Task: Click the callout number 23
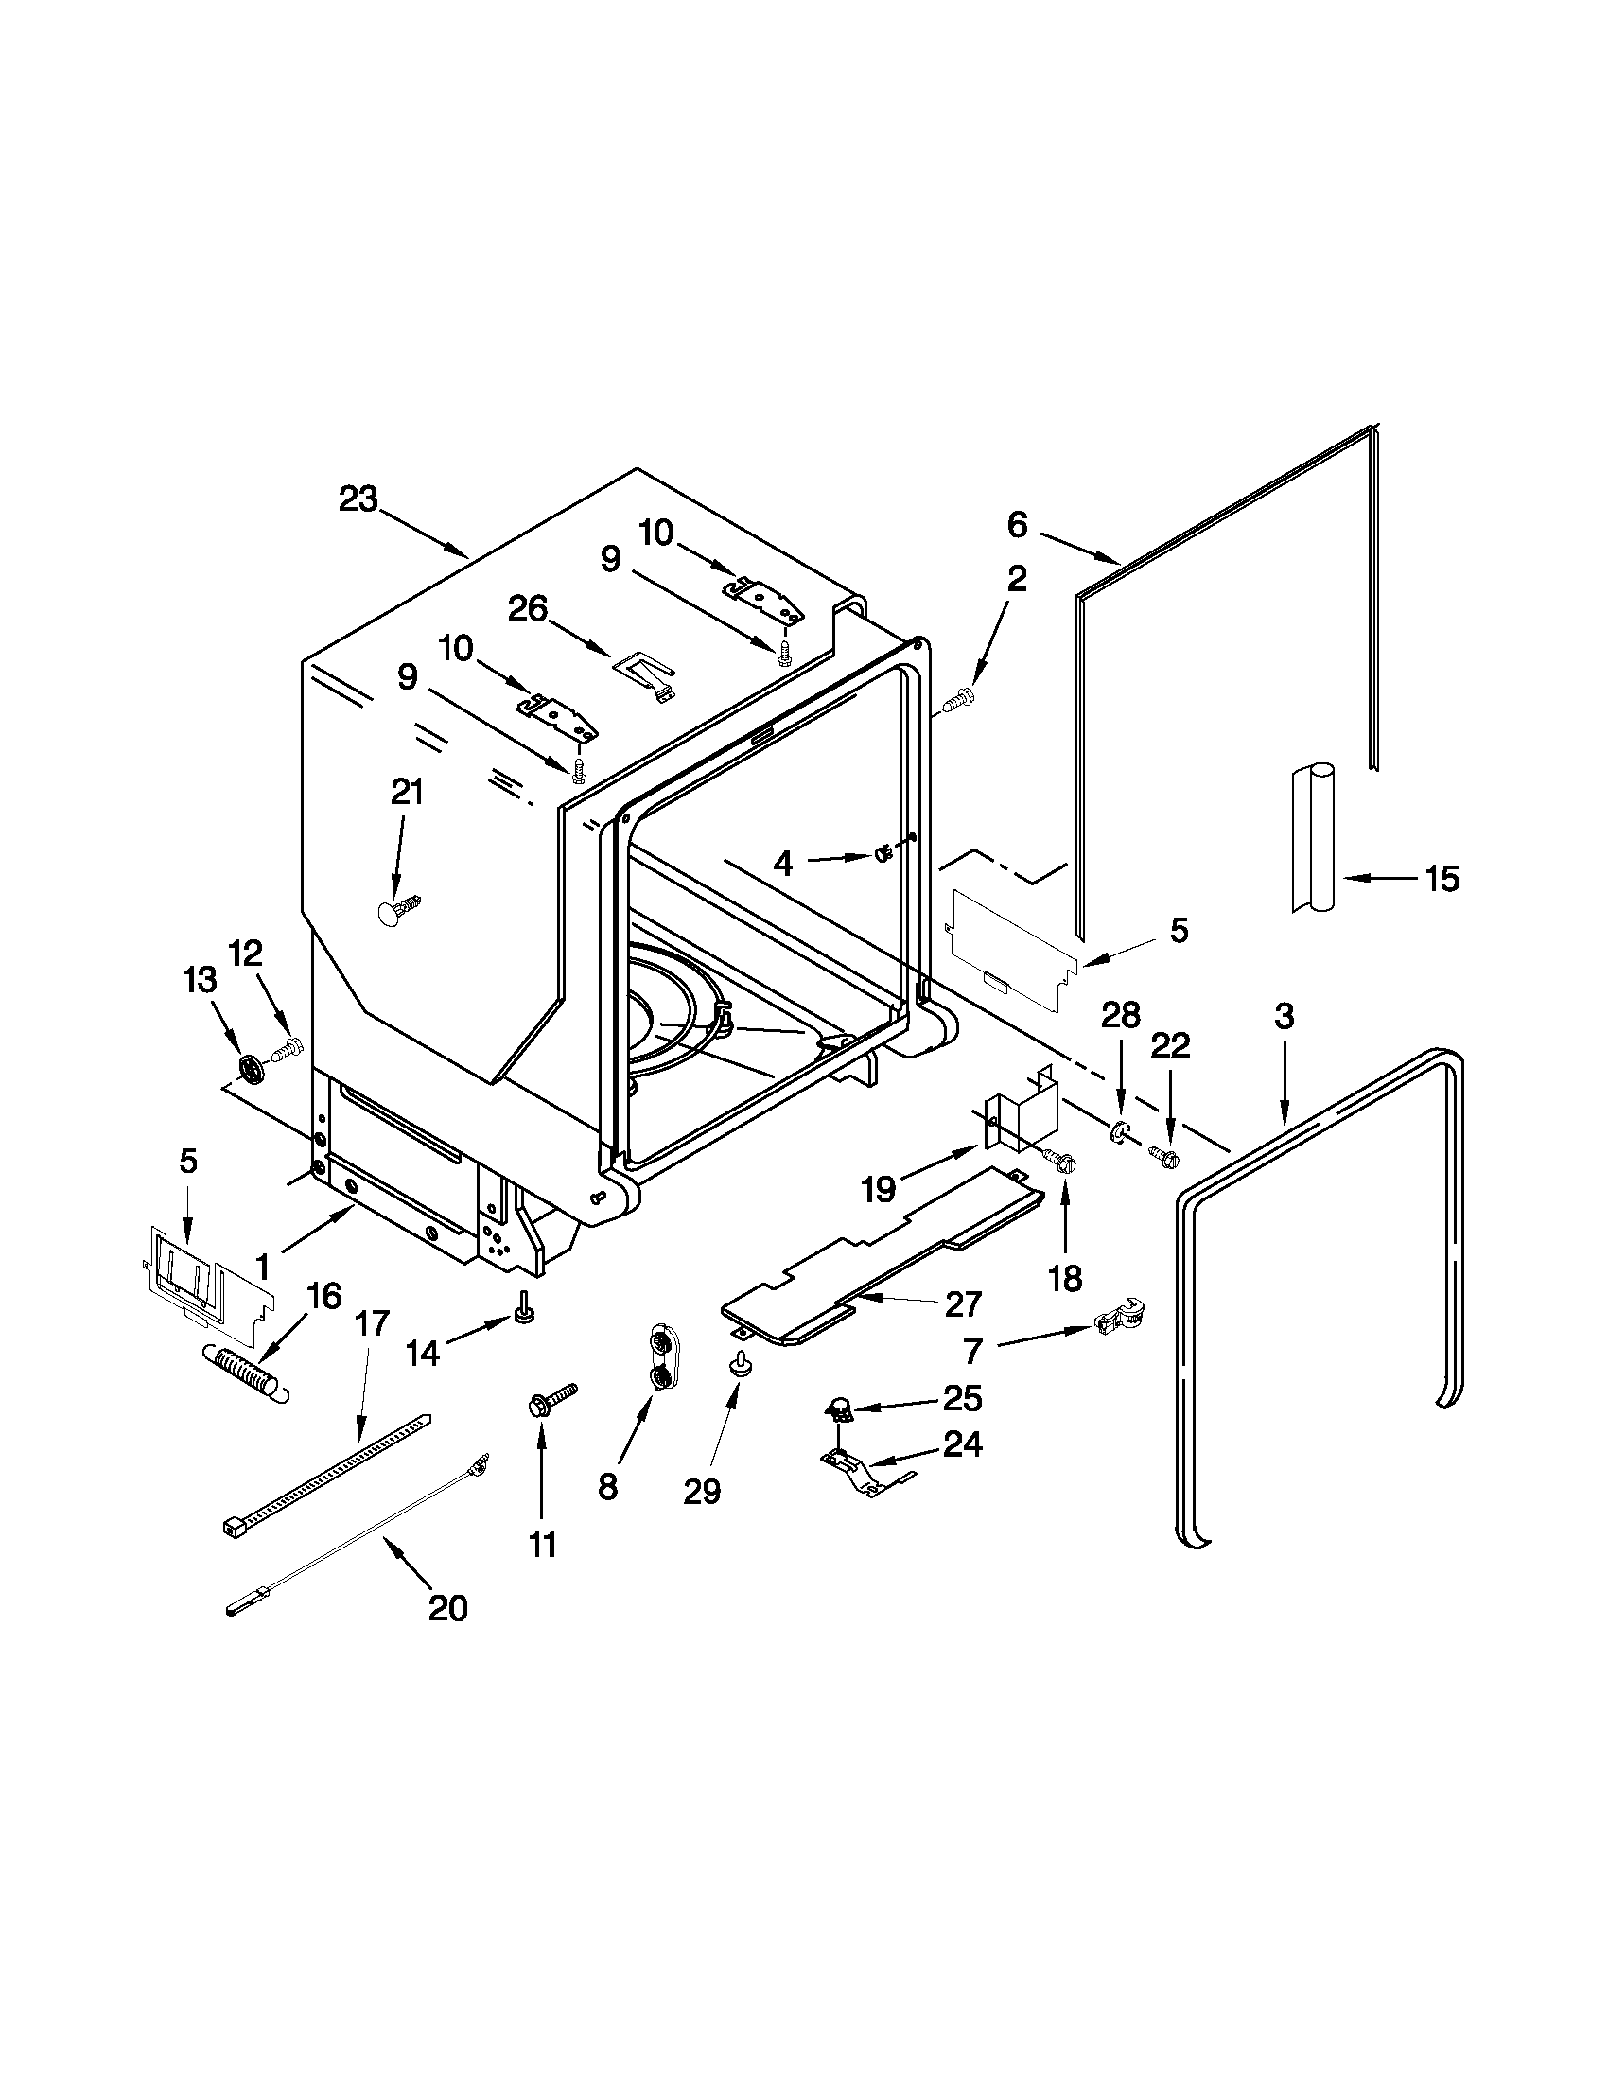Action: coord(358,499)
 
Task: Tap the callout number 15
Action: coord(1442,878)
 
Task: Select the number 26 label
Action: coord(528,608)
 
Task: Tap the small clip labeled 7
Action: coord(1120,1318)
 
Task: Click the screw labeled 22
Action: coord(1162,1156)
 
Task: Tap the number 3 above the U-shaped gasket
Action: coord(1284,1017)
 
